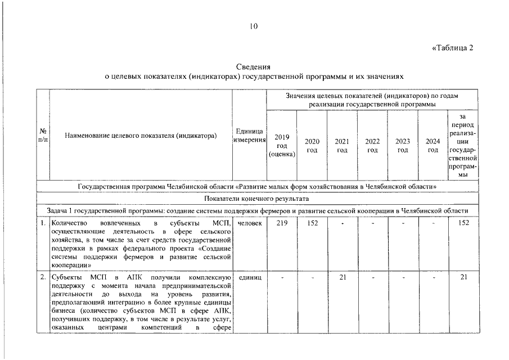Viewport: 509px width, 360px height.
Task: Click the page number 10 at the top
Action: [254, 26]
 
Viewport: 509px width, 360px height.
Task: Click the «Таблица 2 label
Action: [452, 47]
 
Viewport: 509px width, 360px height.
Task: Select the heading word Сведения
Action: [254, 66]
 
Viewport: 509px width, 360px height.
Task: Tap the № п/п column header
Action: [43, 136]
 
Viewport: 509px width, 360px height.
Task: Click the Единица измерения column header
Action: [249, 136]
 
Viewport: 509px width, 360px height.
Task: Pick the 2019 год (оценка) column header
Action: [281, 146]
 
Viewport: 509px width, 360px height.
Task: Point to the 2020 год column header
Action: [312, 146]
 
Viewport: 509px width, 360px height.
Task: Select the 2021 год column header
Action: [342, 146]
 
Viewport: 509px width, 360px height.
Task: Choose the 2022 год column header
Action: [372, 146]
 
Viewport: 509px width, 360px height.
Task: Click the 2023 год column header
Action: [403, 146]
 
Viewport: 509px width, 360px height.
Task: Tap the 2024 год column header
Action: [433, 146]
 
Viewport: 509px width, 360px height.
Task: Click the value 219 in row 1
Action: [281, 223]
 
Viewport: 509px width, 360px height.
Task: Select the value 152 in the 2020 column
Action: [312, 223]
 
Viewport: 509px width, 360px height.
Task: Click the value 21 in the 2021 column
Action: [342, 277]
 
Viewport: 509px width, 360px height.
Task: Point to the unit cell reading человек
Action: [249, 223]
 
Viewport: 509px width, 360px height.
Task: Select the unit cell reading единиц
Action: [249, 277]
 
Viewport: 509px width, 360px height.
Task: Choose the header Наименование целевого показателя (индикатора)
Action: [141, 136]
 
